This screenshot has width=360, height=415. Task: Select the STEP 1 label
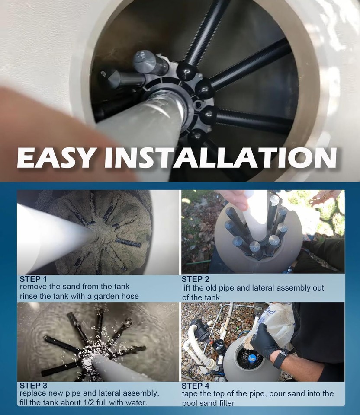32,278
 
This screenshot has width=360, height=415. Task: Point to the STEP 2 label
195,279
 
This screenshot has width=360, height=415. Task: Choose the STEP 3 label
32,385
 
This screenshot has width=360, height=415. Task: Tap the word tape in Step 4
190,394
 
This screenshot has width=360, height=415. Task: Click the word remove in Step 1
32,287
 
